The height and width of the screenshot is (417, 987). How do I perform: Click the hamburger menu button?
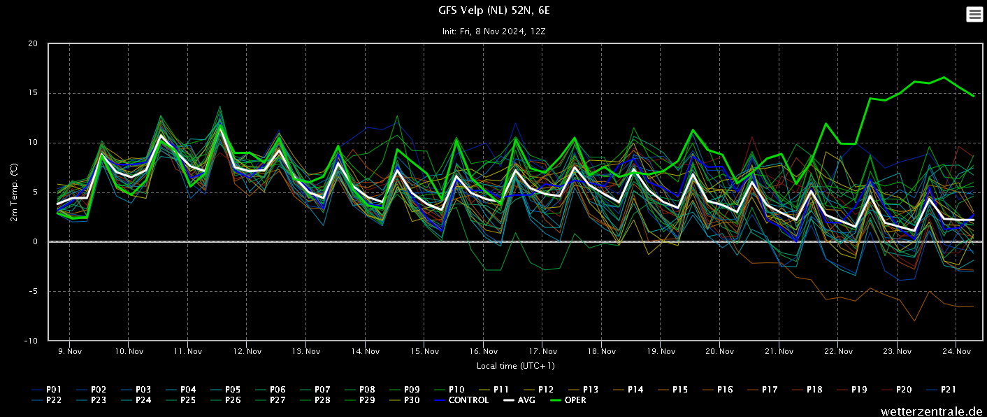click(974, 14)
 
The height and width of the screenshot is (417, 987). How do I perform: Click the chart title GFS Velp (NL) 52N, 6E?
click(494, 10)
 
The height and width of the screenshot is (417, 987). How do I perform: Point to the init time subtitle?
click(494, 31)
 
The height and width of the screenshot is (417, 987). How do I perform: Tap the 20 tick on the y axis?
click(33, 43)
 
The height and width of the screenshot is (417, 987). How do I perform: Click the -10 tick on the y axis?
click(30, 341)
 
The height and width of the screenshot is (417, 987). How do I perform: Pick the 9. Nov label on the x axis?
click(70, 351)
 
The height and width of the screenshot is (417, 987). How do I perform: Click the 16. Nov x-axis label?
click(484, 351)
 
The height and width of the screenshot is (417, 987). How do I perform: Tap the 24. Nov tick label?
click(956, 351)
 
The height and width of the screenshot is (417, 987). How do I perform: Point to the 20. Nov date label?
click(719, 351)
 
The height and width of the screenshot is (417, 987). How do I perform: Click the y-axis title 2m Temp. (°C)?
click(14, 192)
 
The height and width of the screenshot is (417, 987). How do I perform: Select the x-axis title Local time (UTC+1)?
click(516, 366)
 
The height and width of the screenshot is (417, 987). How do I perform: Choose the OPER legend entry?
click(568, 400)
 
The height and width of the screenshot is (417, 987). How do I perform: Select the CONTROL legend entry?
click(461, 400)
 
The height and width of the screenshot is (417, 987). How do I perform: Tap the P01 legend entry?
click(47, 390)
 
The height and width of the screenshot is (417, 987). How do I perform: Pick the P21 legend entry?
click(942, 390)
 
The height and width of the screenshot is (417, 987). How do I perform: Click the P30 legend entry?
click(405, 400)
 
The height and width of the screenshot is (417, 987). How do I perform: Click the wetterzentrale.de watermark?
click(932, 411)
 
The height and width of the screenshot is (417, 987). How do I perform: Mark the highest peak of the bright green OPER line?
click(944, 77)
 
